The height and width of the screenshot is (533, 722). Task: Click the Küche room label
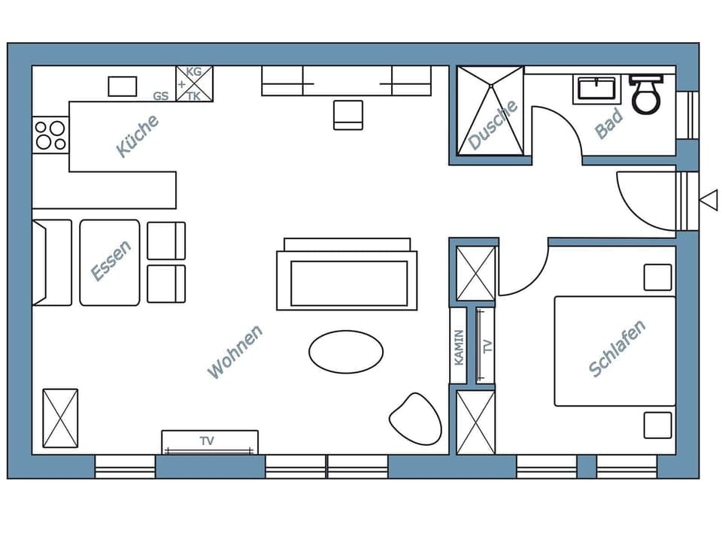(138, 136)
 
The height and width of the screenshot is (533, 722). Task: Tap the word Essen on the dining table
(111, 261)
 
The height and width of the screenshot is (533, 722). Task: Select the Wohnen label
(235, 351)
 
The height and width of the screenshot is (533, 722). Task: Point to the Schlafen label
(617, 348)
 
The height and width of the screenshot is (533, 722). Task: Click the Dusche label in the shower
(493, 124)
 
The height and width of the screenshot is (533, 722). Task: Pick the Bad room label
(608, 124)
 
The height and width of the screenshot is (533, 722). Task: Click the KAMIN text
(460, 347)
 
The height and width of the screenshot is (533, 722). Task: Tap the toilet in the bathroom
(645, 94)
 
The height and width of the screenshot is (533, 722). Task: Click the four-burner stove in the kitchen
(50, 135)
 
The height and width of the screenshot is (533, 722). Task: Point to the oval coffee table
(346, 351)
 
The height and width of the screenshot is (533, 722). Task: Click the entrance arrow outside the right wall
(708, 199)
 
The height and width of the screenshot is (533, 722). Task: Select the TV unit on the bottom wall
(209, 442)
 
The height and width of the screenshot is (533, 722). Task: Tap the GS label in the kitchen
(160, 95)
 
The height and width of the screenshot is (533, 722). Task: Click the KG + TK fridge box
(194, 83)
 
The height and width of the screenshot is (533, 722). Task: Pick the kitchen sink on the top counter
(122, 86)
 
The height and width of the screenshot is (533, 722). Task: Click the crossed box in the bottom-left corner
(60, 418)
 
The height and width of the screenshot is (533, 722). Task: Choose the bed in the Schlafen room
(614, 350)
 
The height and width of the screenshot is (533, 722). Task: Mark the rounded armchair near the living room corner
(415, 417)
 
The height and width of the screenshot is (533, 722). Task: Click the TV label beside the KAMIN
(487, 347)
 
